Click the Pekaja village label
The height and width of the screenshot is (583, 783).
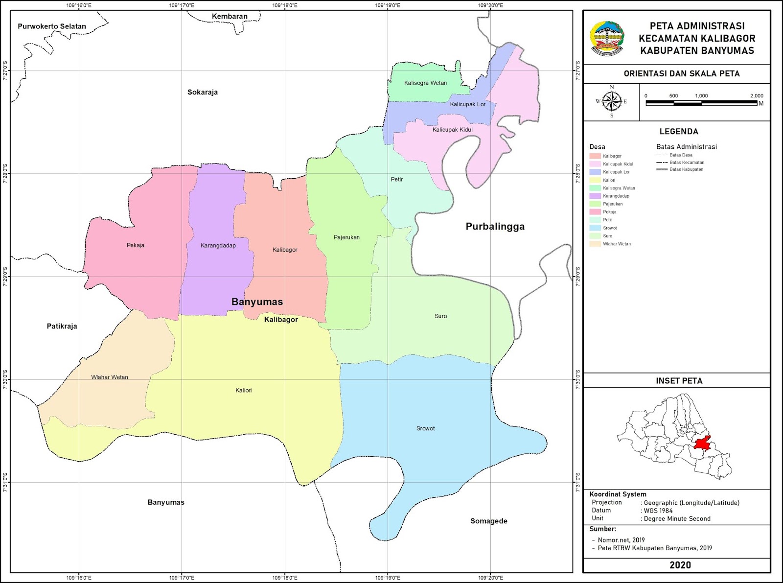coord(136,245)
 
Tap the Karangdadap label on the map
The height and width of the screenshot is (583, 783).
coord(218,246)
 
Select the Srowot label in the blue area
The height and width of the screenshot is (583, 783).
coord(425,428)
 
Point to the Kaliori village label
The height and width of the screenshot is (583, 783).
coord(244,390)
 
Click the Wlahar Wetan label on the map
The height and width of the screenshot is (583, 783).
coord(110,377)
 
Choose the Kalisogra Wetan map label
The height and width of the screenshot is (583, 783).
coord(425,83)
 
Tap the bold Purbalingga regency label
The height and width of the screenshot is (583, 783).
coord(495,227)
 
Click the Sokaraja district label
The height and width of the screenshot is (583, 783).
coord(203,92)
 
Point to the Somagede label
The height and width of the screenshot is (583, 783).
coord(489,521)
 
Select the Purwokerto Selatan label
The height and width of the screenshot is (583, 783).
coord(52,26)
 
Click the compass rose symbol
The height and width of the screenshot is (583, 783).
coord(611,101)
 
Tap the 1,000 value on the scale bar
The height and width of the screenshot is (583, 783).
coord(701,96)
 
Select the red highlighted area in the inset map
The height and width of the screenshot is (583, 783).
coord(702,443)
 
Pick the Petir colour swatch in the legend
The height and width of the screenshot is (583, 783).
coord(595,220)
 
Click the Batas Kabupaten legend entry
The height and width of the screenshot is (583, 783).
coord(686,169)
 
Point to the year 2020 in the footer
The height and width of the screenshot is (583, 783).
coord(680,565)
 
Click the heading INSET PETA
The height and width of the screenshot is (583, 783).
coord(679,381)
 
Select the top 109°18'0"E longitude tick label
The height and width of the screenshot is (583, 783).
coord(285,5)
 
